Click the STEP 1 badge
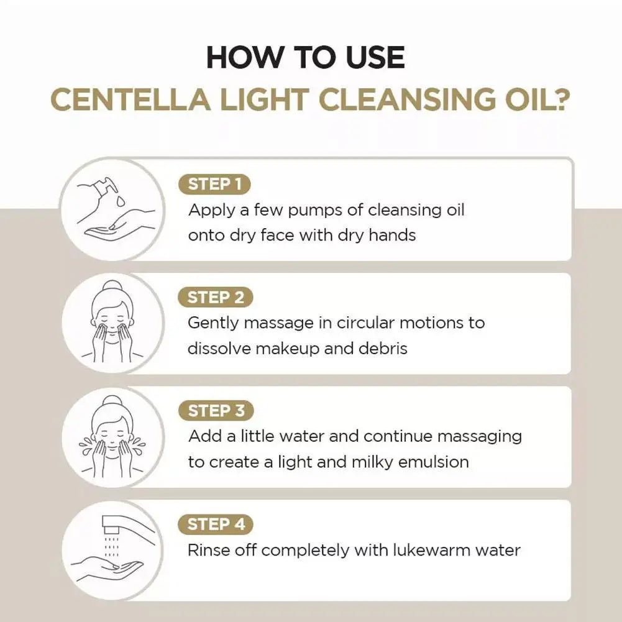[214, 184]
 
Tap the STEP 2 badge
[216, 298]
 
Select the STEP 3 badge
[216, 411]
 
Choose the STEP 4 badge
[216, 524]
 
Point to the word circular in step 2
[366, 323]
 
